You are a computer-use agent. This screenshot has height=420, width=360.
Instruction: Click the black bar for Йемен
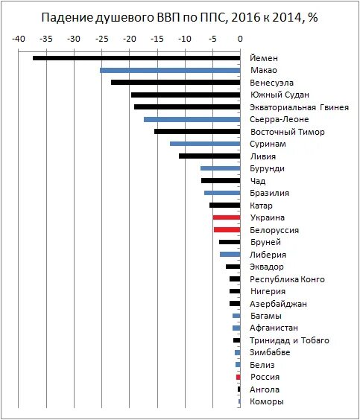coord(136,58)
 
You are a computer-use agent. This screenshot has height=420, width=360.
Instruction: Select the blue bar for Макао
coord(170,71)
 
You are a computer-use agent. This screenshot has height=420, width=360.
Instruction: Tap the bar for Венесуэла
coord(176,83)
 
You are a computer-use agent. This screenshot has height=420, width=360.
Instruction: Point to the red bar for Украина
coord(227,217)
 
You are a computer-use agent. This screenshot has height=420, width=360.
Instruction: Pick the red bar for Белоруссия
coord(227,230)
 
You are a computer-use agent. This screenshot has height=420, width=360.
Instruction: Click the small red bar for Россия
coord(239,377)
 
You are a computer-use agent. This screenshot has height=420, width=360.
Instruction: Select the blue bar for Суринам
coord(205,144)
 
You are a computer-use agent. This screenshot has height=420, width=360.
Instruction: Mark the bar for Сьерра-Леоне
coord(192,119)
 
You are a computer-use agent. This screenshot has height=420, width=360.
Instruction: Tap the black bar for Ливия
coord(209,156)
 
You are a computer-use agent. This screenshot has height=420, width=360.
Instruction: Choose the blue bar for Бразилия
coord(222,193)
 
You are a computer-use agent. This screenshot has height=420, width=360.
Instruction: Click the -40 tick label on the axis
coord(19,39)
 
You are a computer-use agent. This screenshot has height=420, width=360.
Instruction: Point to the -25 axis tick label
coord(101,39)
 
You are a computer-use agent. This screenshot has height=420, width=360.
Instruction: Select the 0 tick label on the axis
coord(240,39)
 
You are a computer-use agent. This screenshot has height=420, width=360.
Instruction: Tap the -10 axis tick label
coord(185,39)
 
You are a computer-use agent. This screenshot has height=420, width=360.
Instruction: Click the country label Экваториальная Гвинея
coord(299,107)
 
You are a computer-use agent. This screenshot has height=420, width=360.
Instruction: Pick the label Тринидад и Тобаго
coord(289,340)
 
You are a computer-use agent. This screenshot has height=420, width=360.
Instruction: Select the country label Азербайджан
coord(278,304)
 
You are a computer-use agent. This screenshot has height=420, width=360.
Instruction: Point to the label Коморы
coord(266,401)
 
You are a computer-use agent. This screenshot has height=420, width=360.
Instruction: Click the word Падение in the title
coord(66,18)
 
